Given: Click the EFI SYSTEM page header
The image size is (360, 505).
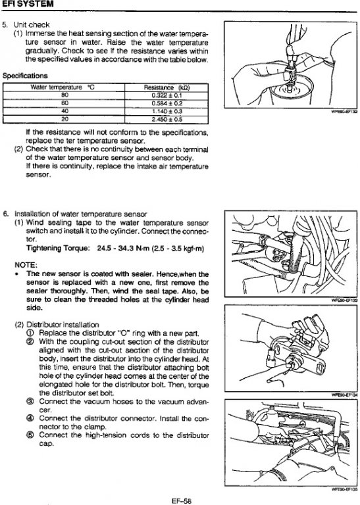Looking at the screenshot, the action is tap(27, 4).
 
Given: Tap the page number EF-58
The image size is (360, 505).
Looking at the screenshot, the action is tap(182, 501).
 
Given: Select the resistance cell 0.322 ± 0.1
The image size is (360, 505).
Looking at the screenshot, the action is tap(167, 95).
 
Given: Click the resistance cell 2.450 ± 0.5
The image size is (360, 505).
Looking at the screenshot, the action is tap(167, 120).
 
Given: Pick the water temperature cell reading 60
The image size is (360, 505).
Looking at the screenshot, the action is tap(64, 103).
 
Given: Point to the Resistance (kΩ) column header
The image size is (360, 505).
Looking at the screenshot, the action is tap(167, 87).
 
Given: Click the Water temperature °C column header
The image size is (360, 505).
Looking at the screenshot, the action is tap(63, 87).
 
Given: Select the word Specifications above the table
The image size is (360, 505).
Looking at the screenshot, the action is tap(25, 76).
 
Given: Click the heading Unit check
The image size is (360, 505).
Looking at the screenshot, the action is tap(32, 25).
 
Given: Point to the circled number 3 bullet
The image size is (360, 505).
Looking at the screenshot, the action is tap(30, 402).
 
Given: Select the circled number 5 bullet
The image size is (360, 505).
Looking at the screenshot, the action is tap(30, 435).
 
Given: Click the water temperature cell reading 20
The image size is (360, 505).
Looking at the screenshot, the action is tap(64, 119).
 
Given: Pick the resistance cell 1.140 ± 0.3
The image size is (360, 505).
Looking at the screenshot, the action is tap(167, 111).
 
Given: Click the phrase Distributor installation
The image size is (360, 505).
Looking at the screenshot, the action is tap(63, 325).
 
